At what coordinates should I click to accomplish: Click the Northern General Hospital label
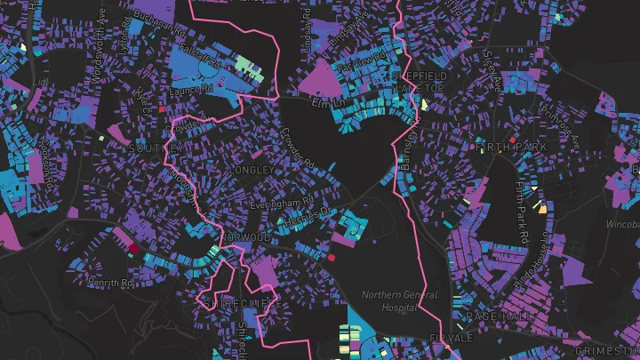[399, 301]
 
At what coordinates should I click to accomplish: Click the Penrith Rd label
[109, 282]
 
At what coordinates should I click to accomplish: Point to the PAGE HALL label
[484, 315]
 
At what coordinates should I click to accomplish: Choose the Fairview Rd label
[357, 66]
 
